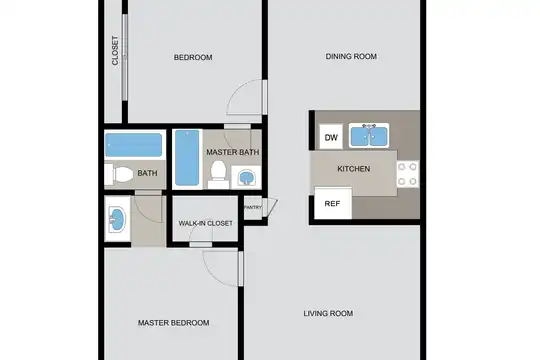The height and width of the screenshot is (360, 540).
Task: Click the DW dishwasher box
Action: (331, 137)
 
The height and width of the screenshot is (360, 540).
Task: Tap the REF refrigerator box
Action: (333, 203)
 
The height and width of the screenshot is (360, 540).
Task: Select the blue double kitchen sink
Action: (369, 135)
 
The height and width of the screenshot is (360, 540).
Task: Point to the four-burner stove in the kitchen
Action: (408, 174)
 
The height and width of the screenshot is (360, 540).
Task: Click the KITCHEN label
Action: (354, 169)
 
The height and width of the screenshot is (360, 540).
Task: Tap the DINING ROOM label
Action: (351, 56)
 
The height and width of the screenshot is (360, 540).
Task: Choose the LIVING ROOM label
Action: (328, 313)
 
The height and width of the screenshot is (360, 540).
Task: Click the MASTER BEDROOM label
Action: (174, 323)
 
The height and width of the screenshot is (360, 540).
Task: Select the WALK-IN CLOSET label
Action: (206, 223)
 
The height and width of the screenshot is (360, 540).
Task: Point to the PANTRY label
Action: (253, 207)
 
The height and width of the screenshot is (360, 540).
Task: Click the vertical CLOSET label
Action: (115, 50)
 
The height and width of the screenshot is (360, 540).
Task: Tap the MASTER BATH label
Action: (233, 152)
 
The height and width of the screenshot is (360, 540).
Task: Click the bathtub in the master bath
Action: (187, 158)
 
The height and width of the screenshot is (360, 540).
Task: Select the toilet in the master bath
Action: (218, 175)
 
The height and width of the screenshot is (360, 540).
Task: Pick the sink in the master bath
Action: (246, 177)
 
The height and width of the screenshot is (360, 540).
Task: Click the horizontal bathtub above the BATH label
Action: (134, 145)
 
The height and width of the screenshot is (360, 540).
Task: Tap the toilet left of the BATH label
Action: (119, 175)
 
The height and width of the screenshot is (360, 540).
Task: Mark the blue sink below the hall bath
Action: (117, 219)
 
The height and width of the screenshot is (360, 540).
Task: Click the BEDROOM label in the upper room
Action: (193, 57)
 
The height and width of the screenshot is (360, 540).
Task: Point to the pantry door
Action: (271, 208)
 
